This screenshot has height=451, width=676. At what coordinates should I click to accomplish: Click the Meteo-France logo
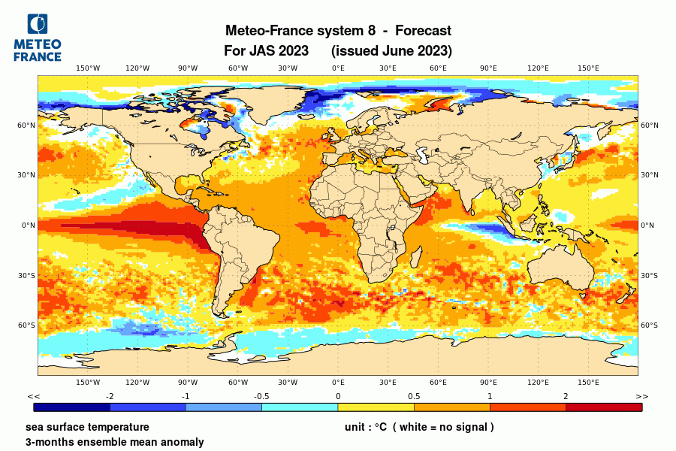pyautogui.click(x=38, y=38)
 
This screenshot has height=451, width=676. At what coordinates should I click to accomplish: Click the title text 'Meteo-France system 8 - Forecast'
pyautogui.click(x=338, y=31)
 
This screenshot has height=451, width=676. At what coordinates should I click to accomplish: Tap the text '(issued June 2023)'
pyautogui.click(x=391, y=51)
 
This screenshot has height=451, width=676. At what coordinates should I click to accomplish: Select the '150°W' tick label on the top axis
pyautogui.click(x=88, y=68)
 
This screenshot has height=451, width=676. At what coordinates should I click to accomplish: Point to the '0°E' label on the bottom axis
pyautogui.click(x=338, y=383)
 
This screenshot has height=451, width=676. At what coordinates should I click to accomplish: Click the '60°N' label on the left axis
pyautogui.click(x=28, y=126)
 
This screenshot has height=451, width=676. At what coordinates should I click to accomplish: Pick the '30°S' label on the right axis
pyautogui.click(x=649, y=275)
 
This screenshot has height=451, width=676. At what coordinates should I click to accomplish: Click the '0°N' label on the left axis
pyautogui.click(x=29, y=225)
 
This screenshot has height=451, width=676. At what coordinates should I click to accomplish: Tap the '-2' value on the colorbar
pyautogui.click(x=110, y=396)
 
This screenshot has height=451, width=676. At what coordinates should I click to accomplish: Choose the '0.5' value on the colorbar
pyautogui.click(x=414, y=396)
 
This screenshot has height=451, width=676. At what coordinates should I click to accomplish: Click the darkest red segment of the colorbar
pyautogui.click(x=604, y=407)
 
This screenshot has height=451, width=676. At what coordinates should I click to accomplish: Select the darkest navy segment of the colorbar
pyautogui.click(x=72, y=407)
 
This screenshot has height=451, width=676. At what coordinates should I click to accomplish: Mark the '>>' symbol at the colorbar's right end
pyautogui.click(x=641, y=396)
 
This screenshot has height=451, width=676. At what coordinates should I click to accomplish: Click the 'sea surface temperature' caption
pyautogui.click(x=87, y=427)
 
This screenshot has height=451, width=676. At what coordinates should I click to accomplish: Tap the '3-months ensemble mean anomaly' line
pyautogui.click(x=114, y=442)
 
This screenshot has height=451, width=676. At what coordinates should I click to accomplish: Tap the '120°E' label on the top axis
pyautogui.click(x=538, y=68)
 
